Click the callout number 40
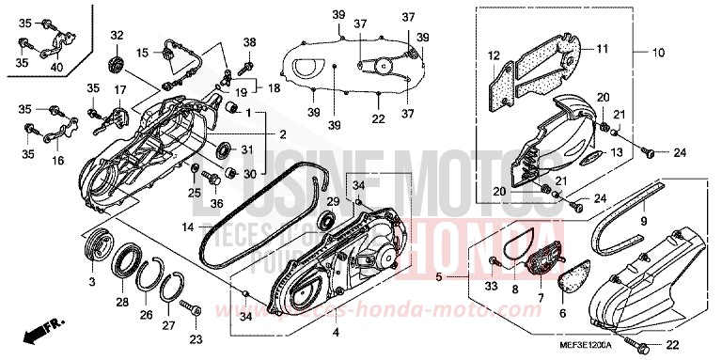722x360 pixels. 57,68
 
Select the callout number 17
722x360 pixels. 119,89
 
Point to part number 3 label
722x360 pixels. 92,282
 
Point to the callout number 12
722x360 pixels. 494,56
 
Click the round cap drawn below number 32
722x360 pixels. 117,62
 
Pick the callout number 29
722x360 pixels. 332,200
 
